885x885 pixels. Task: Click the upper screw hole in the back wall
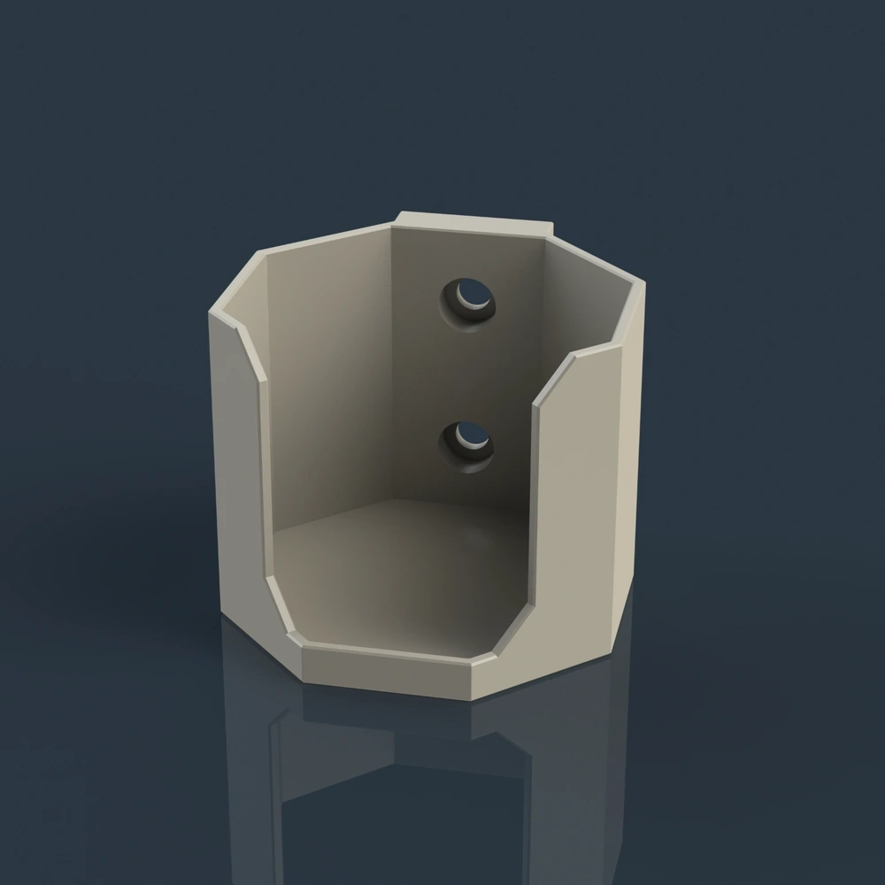[468, 299]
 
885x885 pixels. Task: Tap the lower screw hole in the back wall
[466, 441]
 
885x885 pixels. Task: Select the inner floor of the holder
[398, 575]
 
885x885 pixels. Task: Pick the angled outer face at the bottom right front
[496, 677]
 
